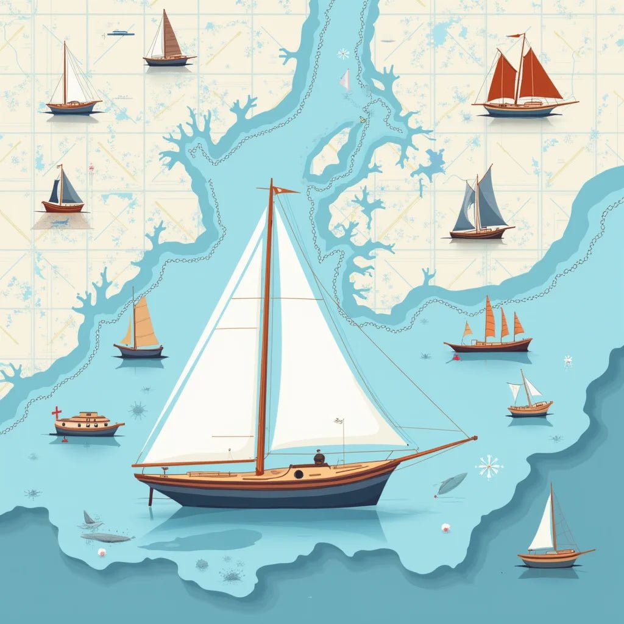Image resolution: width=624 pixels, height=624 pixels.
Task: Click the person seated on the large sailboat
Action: click(x=319, y=458)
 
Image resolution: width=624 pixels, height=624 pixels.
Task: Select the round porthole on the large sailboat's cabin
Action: click(x=299, y=474)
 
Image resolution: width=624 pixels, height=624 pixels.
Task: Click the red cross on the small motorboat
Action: click(x=57, y=413)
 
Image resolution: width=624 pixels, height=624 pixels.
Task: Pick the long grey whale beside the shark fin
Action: click(x=107, y=537)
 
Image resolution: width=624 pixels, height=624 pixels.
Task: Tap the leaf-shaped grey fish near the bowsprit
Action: click(x=452, y=483)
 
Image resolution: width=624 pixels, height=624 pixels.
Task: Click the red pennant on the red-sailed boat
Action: click(x=516, y=36)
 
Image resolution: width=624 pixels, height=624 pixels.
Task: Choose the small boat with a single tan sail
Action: click(x=140, y=329)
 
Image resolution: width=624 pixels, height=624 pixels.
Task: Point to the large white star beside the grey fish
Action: click(x=489, y=467)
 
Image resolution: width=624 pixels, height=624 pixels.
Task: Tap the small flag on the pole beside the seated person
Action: click(x=339, y=420)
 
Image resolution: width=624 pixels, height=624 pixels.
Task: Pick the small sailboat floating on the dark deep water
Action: click(x=551, y=536)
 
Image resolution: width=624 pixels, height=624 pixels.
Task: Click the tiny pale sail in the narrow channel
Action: click(x=346, y=80)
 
